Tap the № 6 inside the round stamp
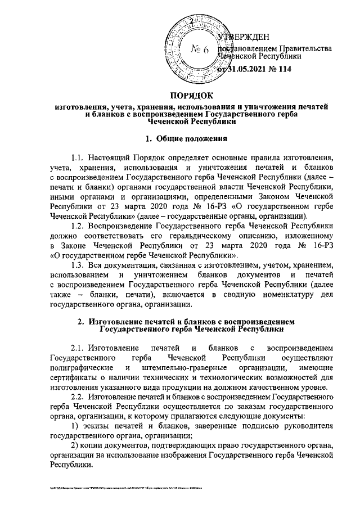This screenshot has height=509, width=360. click(x=200, y=51)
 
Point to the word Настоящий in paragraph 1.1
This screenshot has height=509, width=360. click(x=110, y=157)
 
